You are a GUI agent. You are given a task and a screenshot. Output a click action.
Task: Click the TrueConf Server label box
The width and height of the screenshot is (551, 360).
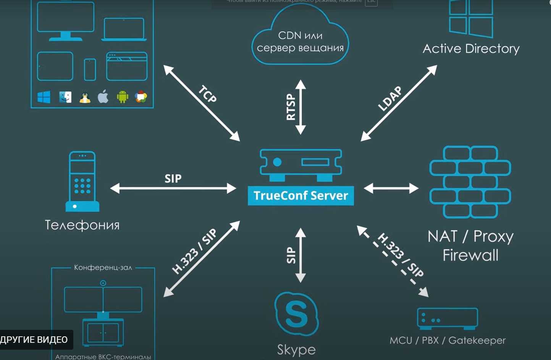[301, 195]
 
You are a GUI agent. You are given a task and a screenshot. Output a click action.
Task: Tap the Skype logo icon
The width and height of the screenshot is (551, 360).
[296, 314]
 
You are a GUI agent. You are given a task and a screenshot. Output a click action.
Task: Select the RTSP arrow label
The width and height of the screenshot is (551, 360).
[291, 107]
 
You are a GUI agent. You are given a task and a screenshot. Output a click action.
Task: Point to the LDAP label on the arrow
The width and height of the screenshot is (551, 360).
[390, 98]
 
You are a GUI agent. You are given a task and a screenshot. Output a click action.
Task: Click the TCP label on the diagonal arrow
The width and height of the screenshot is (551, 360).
[208, 94]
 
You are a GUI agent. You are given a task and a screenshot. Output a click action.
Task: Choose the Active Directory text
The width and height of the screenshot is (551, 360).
[471, 48]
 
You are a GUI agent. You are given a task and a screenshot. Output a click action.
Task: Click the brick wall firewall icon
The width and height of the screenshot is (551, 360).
[470, 182]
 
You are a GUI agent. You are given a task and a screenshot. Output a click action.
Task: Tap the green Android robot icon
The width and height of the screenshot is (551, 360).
[123, 97]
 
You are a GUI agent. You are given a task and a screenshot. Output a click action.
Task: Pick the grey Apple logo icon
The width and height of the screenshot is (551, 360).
[103, 97]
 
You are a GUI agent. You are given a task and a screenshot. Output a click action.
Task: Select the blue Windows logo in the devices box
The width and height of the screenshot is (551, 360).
[44, 97]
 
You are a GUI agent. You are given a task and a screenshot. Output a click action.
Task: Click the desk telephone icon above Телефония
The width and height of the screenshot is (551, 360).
[82, 181]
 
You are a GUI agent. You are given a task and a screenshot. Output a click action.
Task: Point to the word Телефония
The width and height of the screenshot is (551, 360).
[82, 225]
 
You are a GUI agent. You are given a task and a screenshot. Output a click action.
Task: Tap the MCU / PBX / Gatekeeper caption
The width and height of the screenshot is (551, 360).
[448, 340]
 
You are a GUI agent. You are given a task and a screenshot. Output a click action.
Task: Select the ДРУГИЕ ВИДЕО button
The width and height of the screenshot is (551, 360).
[34, 340]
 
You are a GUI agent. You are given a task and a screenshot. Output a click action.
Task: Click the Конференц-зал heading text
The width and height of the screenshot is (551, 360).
[103, 268]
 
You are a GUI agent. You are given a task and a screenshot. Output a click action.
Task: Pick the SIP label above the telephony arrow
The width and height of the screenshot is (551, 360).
[173, 178]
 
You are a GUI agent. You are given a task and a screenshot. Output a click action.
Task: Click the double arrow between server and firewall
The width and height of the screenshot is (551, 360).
[391, 188]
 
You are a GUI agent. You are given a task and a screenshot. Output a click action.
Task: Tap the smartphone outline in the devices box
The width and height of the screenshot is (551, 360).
[90, 69]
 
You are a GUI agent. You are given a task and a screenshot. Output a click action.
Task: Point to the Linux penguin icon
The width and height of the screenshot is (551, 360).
[85, 98]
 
